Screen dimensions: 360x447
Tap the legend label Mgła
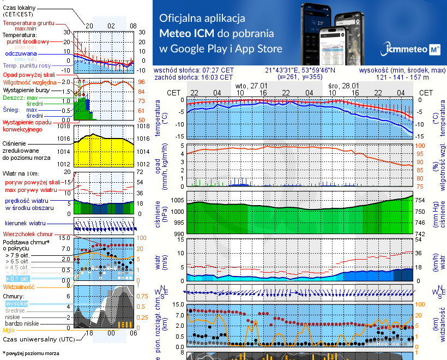pyautogui.click(x=9, y=329)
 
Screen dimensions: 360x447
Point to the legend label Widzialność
pyautogui.click(x=19, y=286)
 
